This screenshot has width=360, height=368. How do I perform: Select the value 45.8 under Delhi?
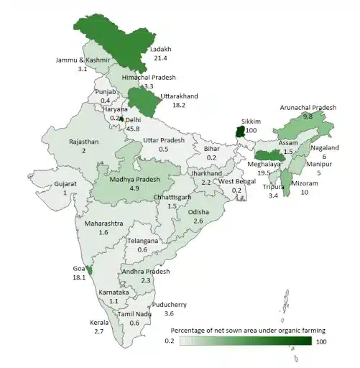pyautogui.click(x=133, y=128)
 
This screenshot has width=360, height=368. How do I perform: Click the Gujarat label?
pyautogui.click(x=65, y=184)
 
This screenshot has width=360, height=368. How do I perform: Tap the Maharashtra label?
pyautogui.click(x=105, y=224)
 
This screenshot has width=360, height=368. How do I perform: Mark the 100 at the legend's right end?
pyautogui.click(x=320, y=343)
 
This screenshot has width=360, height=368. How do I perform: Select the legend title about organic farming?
pyautogui.click(x=247, y=329)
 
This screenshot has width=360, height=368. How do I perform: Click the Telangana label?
pyautogui.click(x=142, y=241)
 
